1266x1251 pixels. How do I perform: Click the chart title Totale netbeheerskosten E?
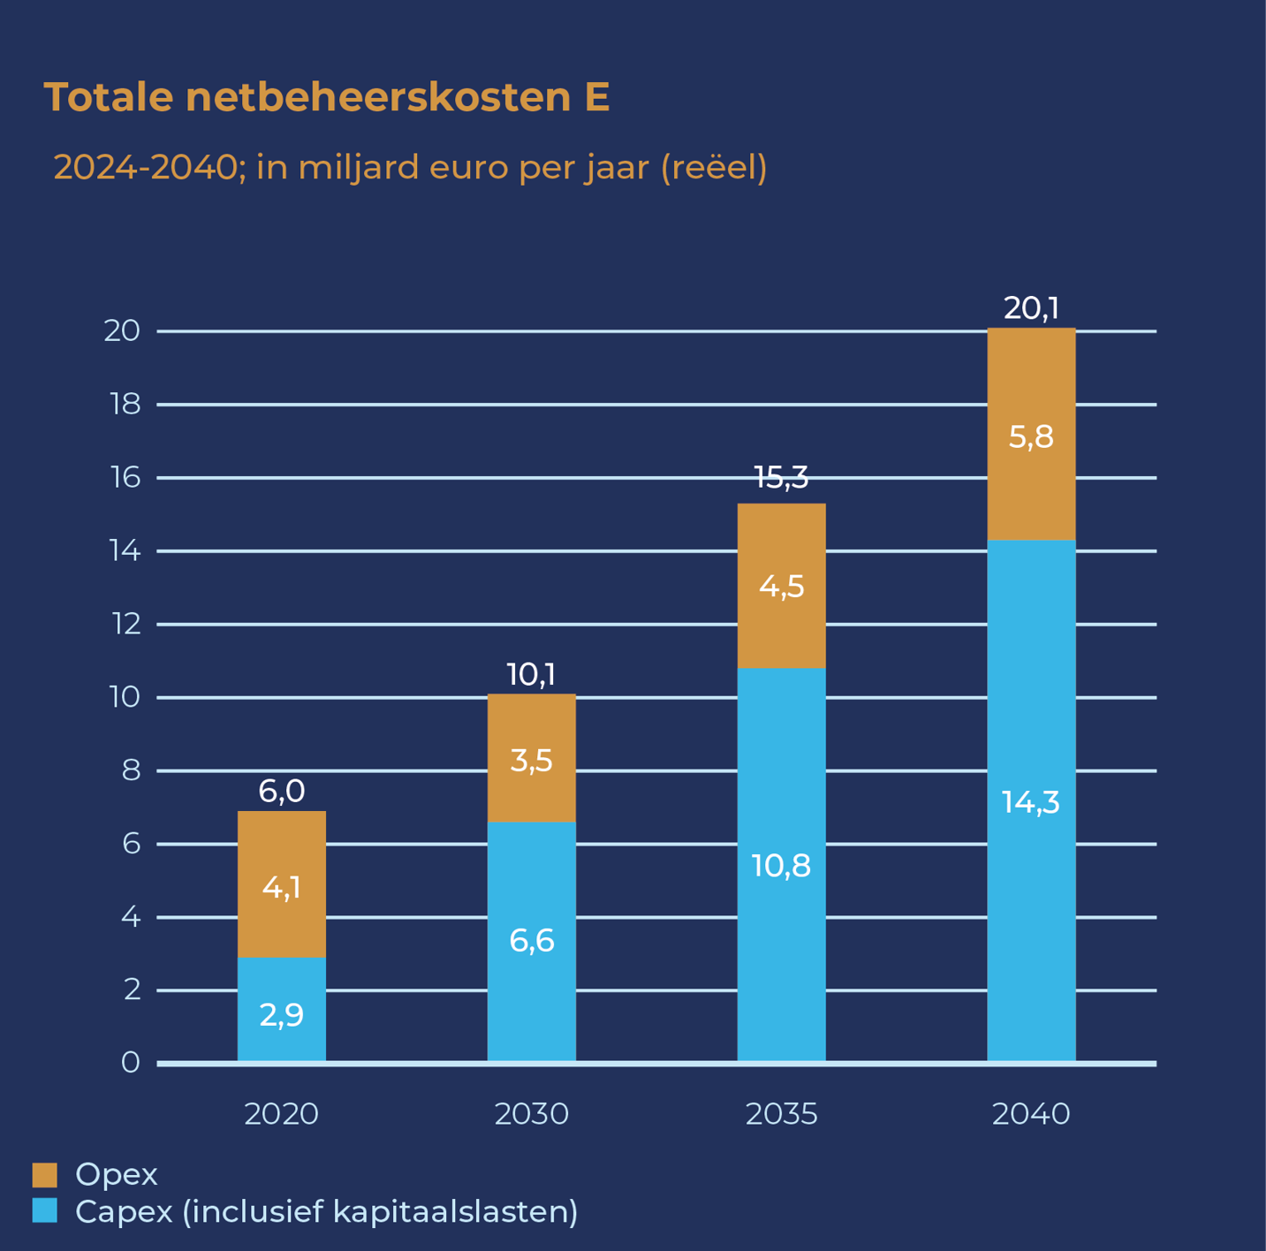click(x=327, y=97)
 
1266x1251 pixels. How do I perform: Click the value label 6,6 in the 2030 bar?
click(x=532, y=942)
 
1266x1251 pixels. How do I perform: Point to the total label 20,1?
click(x=1031, y=308)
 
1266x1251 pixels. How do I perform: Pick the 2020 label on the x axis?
click(x=281, y=1114)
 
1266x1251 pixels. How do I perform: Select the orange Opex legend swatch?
click(x=45, y=1174)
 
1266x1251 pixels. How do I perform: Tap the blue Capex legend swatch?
click(x=45, y=1210)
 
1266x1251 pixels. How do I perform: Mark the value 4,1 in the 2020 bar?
click(x=282, y=887)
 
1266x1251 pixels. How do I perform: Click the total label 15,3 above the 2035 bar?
click(x=781, y=478)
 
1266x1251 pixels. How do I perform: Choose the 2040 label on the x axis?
click(x=1031, y=1114)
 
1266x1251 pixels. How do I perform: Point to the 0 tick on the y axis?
click(x=131, y=1063)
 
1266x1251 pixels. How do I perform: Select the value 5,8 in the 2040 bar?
click(x=1031, y=436)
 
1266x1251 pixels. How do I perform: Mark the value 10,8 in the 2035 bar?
click(x=781, y=867)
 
